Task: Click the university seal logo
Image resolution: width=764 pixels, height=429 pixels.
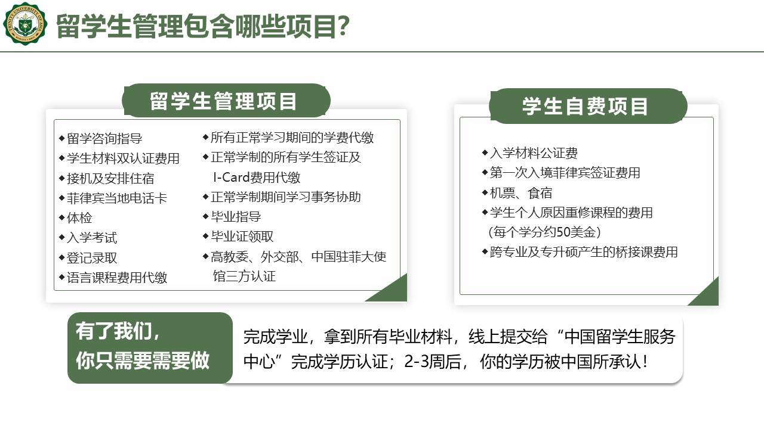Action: pyautogui.click(x=25, y=24)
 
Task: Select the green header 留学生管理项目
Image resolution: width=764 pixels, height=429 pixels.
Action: pyautogui.click(x=226, y=101)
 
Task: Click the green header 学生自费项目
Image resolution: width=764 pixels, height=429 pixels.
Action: pyautogui.click(x=588, y=106)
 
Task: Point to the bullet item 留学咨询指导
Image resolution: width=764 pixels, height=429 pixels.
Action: pyautogui.click(x=104, y=139)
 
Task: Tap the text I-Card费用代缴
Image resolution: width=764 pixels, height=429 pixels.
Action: pyautogui.click(x=257, y=178)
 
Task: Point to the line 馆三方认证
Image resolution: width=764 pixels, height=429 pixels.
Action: pyautogui.click(x=244, y=276)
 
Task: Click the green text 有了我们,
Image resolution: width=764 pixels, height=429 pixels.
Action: pyautogui.click(x=118, y=331)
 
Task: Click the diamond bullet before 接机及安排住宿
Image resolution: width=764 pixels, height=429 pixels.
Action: pyautogui.click(x=61, y=178)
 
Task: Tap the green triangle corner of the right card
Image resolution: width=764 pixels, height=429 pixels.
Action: pyautogui.click(x=707, y=294)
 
